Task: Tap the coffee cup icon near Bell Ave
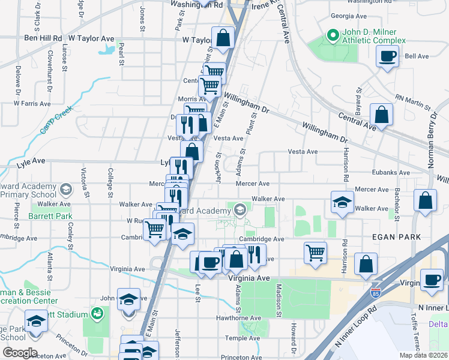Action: click(387, 57)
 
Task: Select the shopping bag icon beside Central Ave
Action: click(381, 114)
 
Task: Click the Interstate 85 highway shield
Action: click(376, 295)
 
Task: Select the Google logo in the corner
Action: click(19, 352)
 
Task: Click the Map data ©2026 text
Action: click(423, 355)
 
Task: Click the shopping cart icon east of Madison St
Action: click(315, 252)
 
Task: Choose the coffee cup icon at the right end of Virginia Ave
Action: click(431, 280)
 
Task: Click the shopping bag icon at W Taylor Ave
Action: click(223, 38)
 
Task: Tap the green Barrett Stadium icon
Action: click(96, 314)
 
